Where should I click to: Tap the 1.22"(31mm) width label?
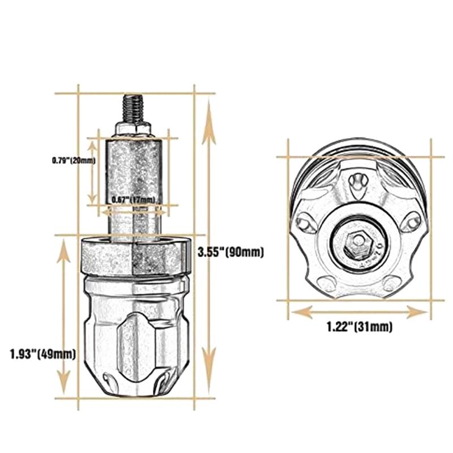359,327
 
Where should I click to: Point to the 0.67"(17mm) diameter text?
133,200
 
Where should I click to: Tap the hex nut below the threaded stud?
133,128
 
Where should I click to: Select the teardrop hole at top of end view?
357,182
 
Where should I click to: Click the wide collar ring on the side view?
133,257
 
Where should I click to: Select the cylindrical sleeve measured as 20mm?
133,170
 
